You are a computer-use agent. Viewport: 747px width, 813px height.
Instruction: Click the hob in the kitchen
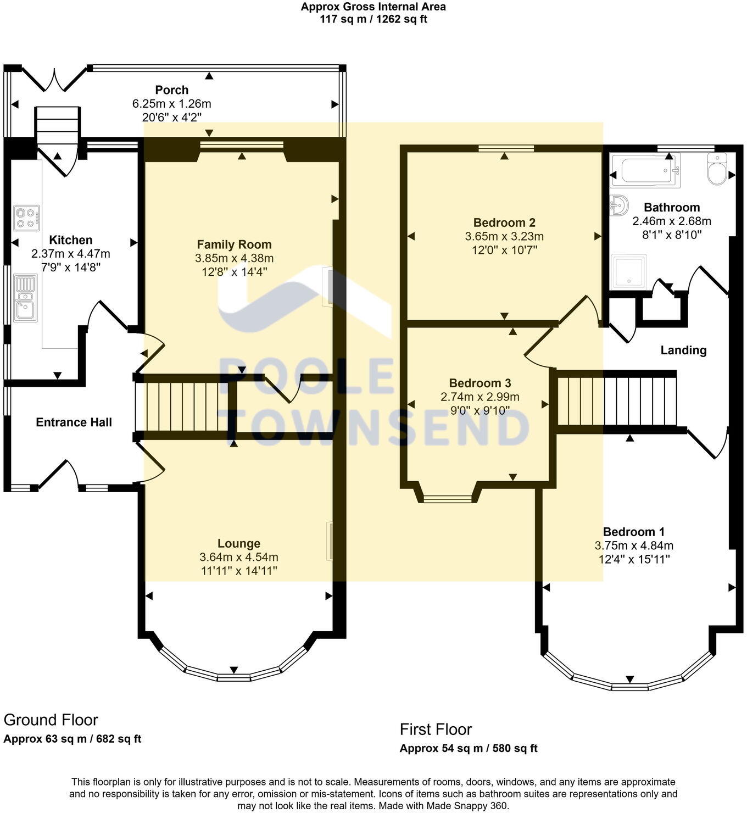click(27, 218)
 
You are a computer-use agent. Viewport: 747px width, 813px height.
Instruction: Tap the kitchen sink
click(25, 298)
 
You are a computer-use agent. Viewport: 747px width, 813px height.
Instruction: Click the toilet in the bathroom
click(717, 170)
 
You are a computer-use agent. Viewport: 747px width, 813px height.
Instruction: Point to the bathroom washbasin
click(619, 207)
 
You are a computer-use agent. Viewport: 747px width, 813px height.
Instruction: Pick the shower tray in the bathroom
click(628, 271)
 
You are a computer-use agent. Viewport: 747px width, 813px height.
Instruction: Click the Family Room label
click(234, 244)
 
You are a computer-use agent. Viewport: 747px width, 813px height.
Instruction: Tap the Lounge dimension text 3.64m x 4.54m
click(239, 557)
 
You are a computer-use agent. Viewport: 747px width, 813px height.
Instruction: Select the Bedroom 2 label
click(504, 222)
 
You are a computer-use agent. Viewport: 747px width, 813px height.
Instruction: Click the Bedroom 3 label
click(480, 383)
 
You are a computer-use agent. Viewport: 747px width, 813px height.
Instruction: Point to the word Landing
click(683, 350)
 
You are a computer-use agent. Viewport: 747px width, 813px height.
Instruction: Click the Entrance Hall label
click(74, 422)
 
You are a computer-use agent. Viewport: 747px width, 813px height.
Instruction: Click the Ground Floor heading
click(51, 720)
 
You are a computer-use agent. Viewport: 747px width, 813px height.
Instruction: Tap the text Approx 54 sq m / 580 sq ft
click(468, 748)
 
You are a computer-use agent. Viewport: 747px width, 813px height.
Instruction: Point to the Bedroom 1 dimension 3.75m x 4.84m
click(633, 545)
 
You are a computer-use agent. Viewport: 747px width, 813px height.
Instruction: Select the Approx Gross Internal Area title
click(373, 7)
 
